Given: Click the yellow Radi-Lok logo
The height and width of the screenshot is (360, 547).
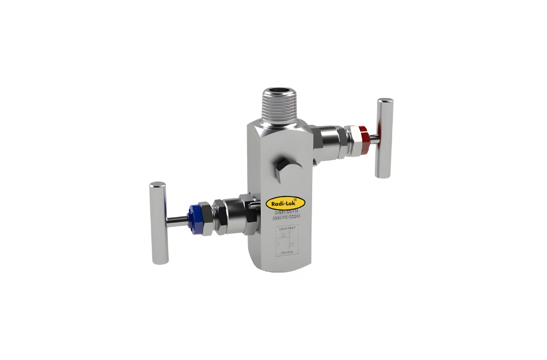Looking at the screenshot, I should (x=285, y=203).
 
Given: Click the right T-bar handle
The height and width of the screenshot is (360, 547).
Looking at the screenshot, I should (x=385, y=138).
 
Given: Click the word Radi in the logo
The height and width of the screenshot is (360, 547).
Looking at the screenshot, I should (x=277, y=203).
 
